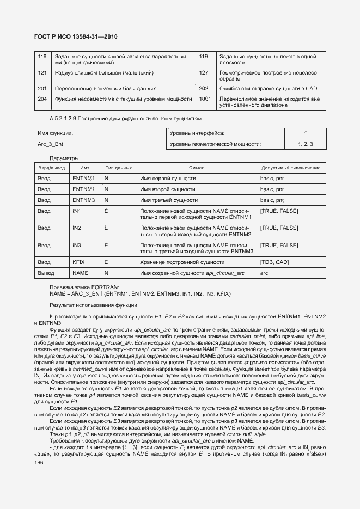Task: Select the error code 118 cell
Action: pos(42,57)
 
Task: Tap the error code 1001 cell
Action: pos(205,99)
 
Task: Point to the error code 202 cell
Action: pos(204,88)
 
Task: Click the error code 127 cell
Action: pos(204,72)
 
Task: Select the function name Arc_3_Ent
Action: pos(51,144)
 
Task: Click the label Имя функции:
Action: pos(55,133)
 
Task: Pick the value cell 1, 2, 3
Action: pos(305,144)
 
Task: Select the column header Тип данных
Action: pos(118,168)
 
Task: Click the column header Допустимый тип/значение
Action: pos(290,168)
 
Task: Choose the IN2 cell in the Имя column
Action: pos(77,228)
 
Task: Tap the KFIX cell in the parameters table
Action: pos(78,262)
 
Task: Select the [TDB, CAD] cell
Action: pos(275,262)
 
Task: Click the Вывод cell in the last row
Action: pos(45,273)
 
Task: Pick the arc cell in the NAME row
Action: pos(265,273)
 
